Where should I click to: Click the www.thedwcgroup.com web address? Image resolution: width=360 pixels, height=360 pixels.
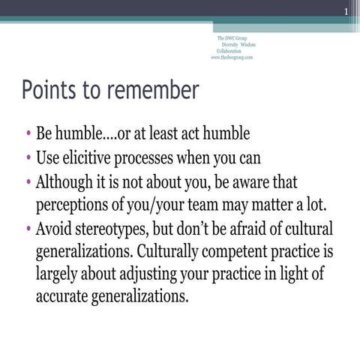[232, 56]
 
